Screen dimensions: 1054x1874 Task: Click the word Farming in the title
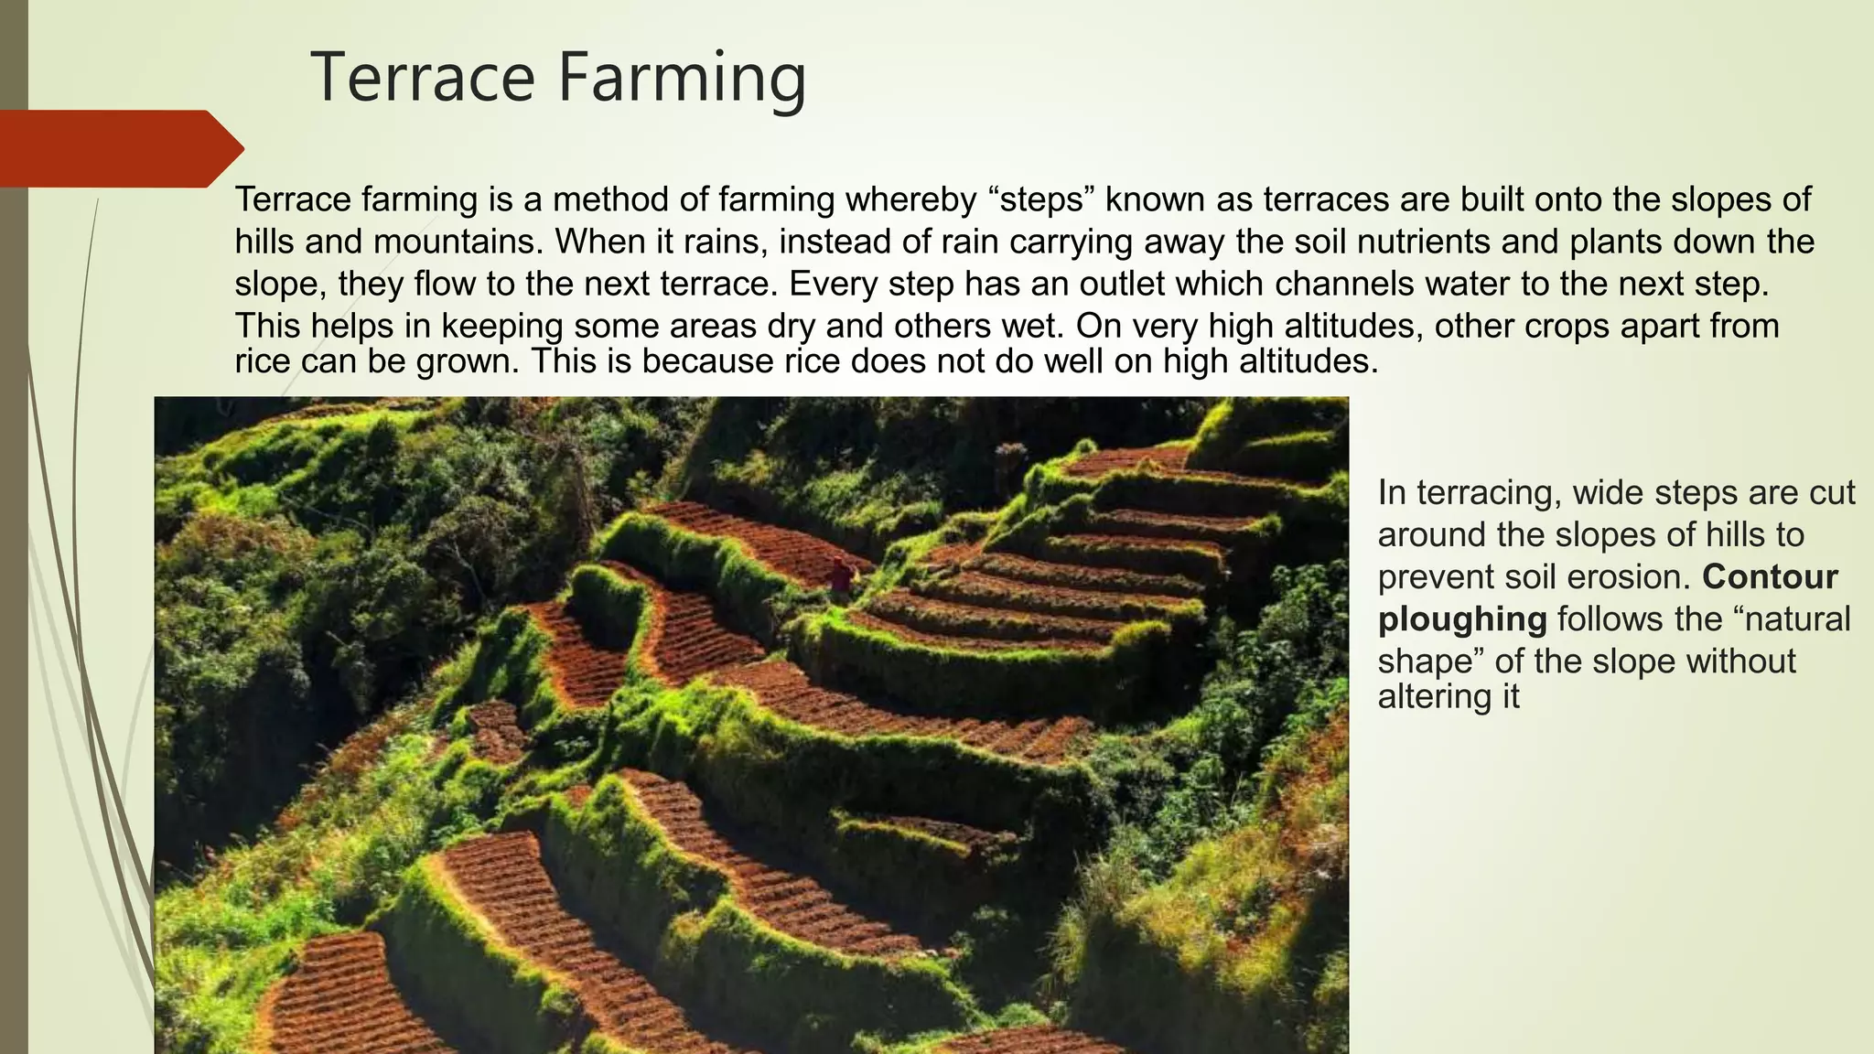tap(682, 78)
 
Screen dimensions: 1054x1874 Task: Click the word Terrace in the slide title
tap(423, 78)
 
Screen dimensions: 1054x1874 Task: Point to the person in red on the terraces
tap(841, 575)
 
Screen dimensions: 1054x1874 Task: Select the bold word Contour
tap(1770, 577)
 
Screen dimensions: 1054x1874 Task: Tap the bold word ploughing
tap(1461, 619)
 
